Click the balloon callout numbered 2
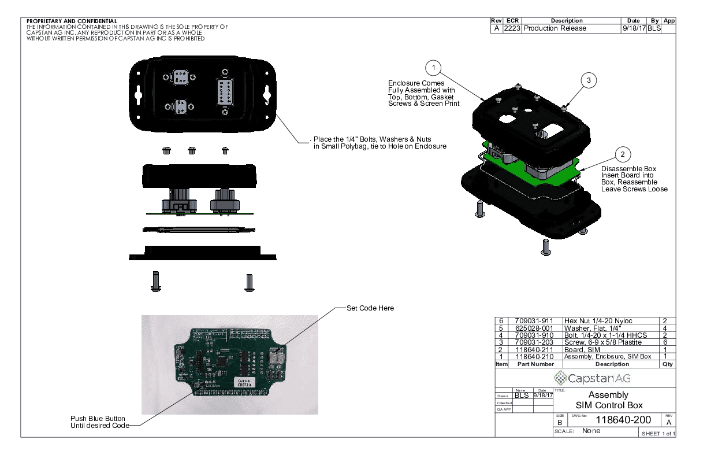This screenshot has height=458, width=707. tap(622, 154)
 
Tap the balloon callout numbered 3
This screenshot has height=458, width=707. tap(588, 81)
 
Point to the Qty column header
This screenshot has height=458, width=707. tap(668, 364)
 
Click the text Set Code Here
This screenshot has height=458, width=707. tap(370, 308)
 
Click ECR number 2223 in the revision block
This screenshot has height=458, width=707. tap(512, 28)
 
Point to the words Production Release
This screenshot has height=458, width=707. tap(555, 28)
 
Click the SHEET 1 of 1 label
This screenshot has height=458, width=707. tap(656, 434)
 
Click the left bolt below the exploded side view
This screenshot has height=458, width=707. tap(155, 281)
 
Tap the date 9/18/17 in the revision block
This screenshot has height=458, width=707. tap(634, 28)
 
